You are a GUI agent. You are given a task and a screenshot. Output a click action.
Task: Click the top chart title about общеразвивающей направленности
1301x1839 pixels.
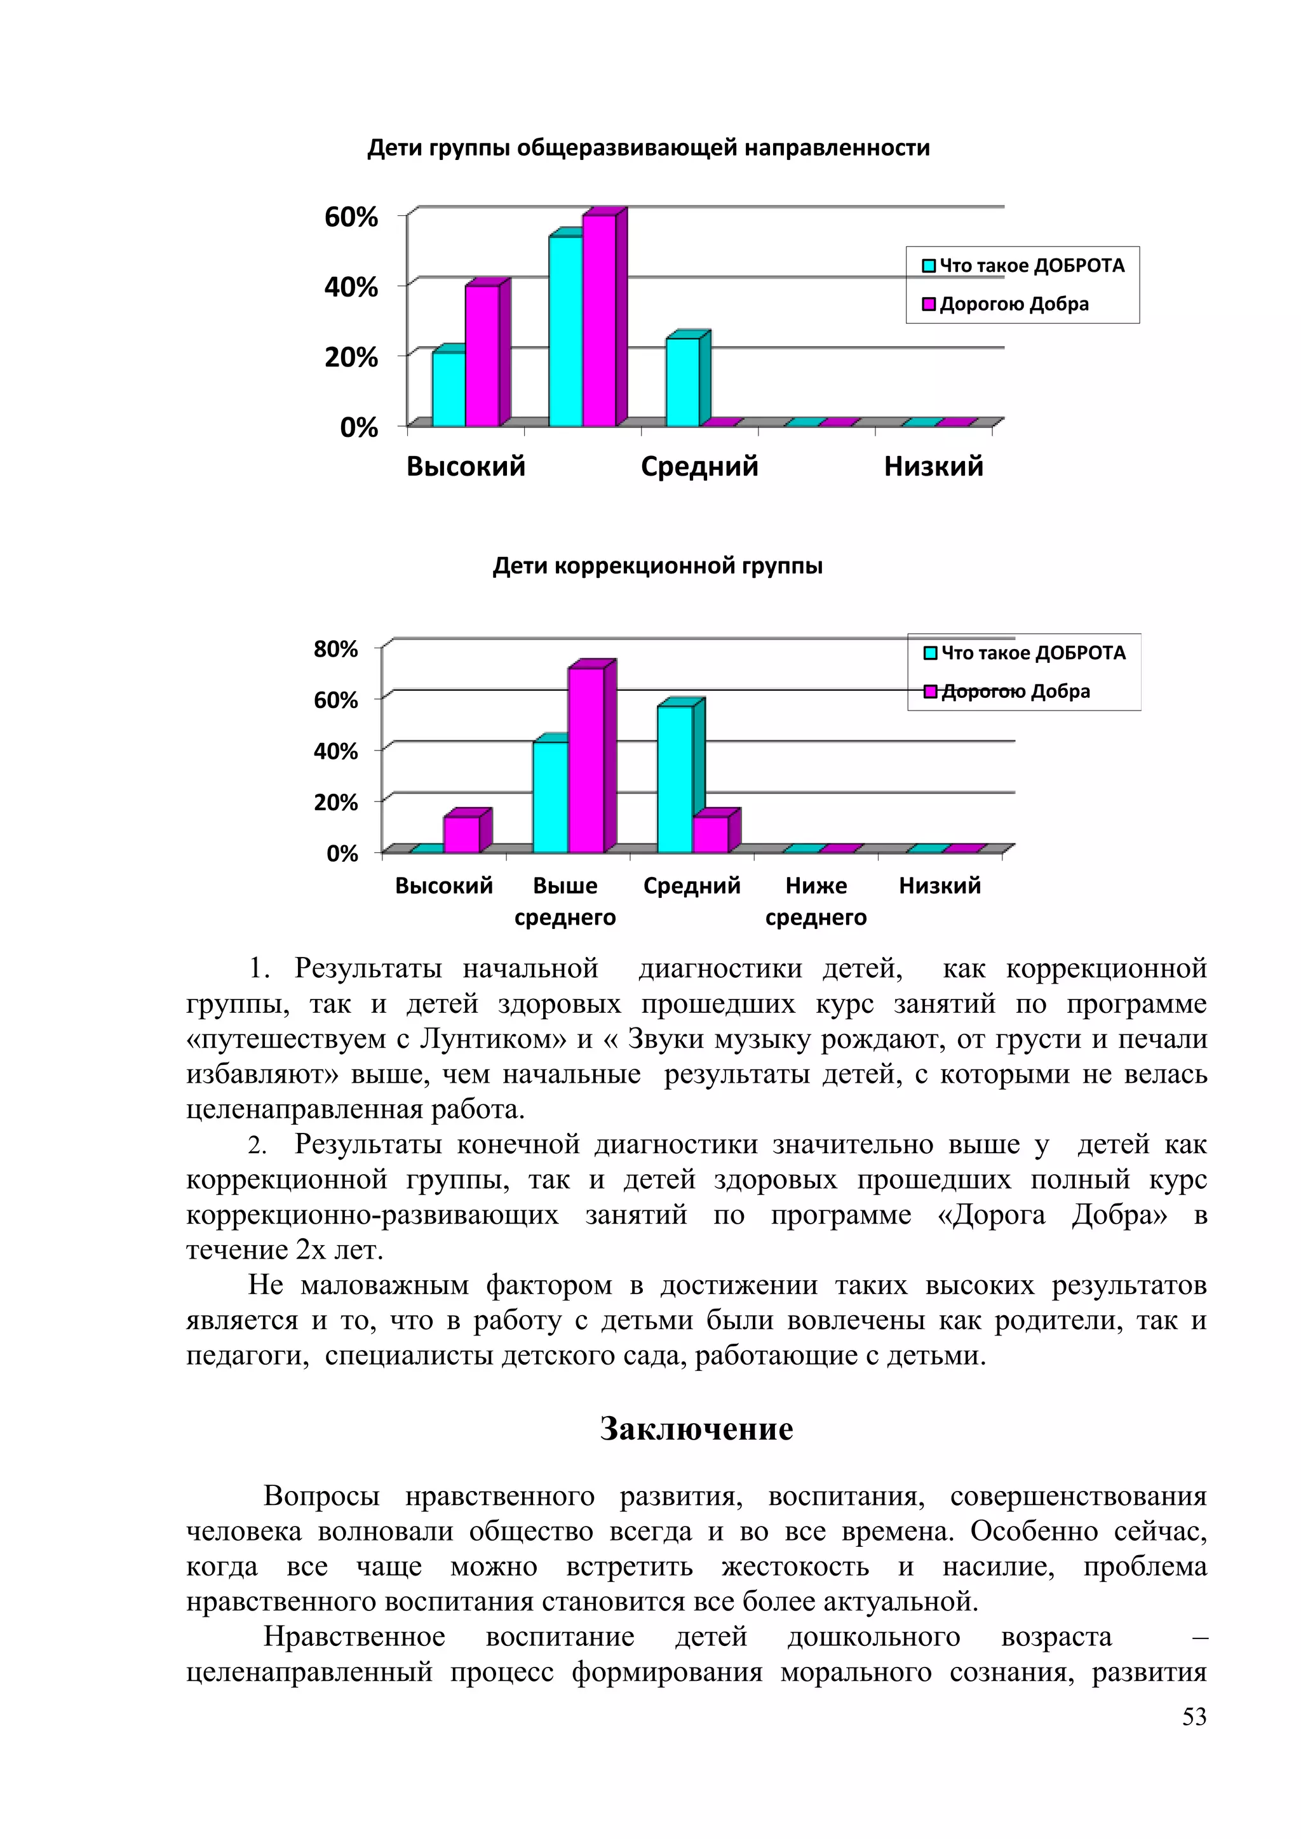(x=648, y=148)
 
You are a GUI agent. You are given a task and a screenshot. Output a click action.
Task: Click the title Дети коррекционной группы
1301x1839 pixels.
(x=657, y=566)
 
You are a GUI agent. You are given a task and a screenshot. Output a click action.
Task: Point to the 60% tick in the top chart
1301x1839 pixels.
(x=351, y=217)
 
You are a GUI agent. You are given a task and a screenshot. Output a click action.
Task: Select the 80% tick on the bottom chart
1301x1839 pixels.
(x=335, y=649)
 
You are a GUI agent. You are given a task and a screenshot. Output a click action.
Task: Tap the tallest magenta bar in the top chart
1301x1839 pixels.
(x=599, y=321)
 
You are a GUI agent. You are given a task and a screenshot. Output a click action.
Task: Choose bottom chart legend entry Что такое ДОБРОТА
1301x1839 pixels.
(x=1033, y=653)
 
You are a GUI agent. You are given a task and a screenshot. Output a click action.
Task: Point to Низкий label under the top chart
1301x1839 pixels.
(x=933, y=466)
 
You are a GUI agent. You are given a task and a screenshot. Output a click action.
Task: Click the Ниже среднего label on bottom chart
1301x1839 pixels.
(x=816, y=901)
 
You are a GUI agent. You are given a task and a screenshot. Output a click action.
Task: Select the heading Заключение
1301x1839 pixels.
(x=696, y=1429)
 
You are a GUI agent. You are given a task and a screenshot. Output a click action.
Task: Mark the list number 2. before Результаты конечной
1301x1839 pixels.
(x=257, y=1146)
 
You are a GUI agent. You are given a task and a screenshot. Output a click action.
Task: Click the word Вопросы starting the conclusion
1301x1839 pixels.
(x=321, y=1496)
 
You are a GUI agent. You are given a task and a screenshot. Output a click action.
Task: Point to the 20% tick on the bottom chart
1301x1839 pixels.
(x=335, y=803)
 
